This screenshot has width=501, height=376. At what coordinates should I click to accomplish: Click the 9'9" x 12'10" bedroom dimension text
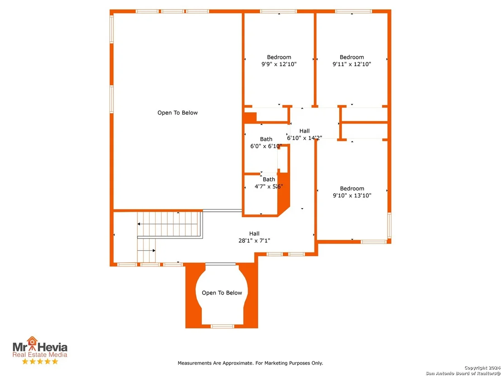click(279, 64)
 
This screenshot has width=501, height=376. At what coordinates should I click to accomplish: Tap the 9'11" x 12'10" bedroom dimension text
click(352, 64)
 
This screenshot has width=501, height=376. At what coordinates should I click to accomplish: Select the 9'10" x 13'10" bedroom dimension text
click(352, 195)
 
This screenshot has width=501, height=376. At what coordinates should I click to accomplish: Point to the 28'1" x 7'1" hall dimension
click(254, 240)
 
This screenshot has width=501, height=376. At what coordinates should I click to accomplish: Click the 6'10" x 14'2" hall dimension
click(304, 138)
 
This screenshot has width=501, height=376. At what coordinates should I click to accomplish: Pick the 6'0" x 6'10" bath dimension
click(266, 146)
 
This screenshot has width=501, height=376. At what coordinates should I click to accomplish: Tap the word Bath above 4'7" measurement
click(269, 179)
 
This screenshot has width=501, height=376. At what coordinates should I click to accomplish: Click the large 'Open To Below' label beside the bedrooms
click(178, 113)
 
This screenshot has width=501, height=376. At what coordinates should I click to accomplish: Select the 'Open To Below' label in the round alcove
click(222, 293)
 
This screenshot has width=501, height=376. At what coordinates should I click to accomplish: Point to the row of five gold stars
click(40, 361)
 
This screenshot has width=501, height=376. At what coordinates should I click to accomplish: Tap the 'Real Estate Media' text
click(40, 355)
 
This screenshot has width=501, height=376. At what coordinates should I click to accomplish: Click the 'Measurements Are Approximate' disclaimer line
click(250, 363)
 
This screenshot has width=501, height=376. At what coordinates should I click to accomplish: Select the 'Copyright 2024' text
click(482, 368)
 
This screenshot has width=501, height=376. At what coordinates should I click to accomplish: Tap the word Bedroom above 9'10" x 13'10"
click(352, 189)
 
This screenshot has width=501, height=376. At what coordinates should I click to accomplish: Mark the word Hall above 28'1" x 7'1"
click(254, 234)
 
